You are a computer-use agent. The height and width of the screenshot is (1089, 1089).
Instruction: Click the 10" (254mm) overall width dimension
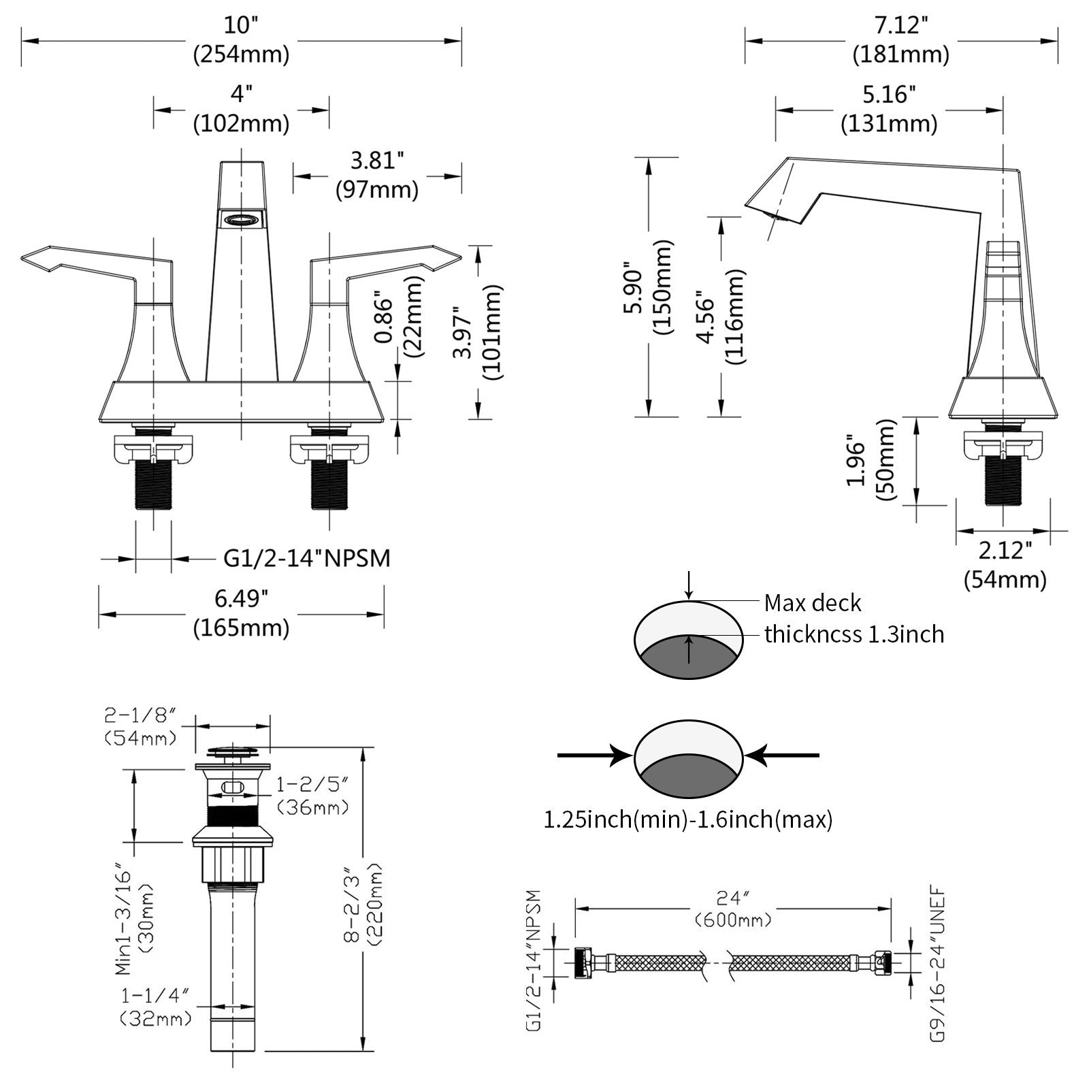coord(241,40)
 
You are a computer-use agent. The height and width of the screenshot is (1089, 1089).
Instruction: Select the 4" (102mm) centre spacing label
coord(241,108)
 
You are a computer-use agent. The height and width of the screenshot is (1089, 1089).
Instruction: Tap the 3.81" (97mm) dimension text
coord(376,175)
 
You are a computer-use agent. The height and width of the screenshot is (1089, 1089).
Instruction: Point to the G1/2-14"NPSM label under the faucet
coord(307,559)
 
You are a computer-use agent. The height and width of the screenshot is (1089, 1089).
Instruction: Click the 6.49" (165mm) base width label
coord(241,613)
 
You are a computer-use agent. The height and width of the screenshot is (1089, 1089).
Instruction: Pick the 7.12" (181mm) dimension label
coord(900,40)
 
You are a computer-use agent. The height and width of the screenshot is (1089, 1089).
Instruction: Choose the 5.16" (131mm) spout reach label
coord(889,108)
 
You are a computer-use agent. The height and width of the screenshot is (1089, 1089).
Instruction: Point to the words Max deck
coord(812,603)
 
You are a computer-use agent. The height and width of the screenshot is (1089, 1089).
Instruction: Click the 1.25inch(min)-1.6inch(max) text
coord(687,819)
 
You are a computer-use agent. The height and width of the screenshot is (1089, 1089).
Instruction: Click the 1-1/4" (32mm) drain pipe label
coord(155,1007)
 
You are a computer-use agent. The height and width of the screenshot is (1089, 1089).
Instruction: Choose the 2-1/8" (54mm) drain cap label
coord(141,726)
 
